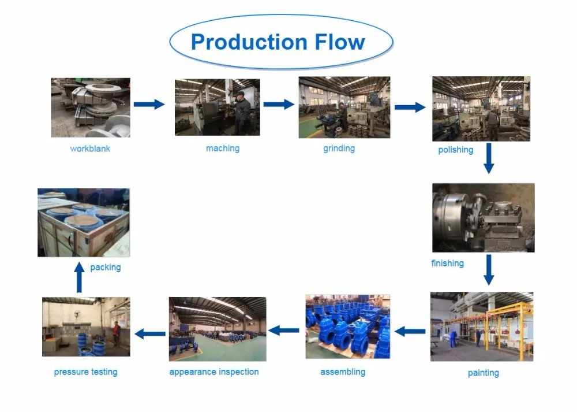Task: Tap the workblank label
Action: point(90,149)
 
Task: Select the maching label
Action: point(223,149)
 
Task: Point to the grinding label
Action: point(339,149)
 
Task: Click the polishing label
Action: point(455,150)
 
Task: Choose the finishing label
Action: point(447,263)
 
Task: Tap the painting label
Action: point(483,373)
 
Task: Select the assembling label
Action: point(343,372)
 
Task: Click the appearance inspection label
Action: point(214,372)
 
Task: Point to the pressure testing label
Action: point(85,372)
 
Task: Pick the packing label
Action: point(106,268)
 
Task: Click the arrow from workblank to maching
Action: point(149,104)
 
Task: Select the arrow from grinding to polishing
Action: point(410,107)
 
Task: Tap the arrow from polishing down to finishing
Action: point(489,158)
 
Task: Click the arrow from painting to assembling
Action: point(410,331)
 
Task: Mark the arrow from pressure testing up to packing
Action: point(80,277)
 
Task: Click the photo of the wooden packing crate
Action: point(84,222)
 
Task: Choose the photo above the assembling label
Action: point(347,326)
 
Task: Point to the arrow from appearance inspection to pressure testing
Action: point(149,333)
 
